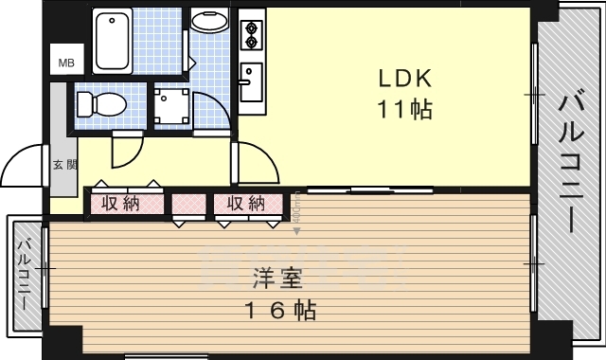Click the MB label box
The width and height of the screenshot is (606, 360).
66,63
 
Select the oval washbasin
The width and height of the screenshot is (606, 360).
208,22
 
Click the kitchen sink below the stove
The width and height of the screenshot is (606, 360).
251,81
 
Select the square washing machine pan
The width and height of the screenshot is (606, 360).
172,107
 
